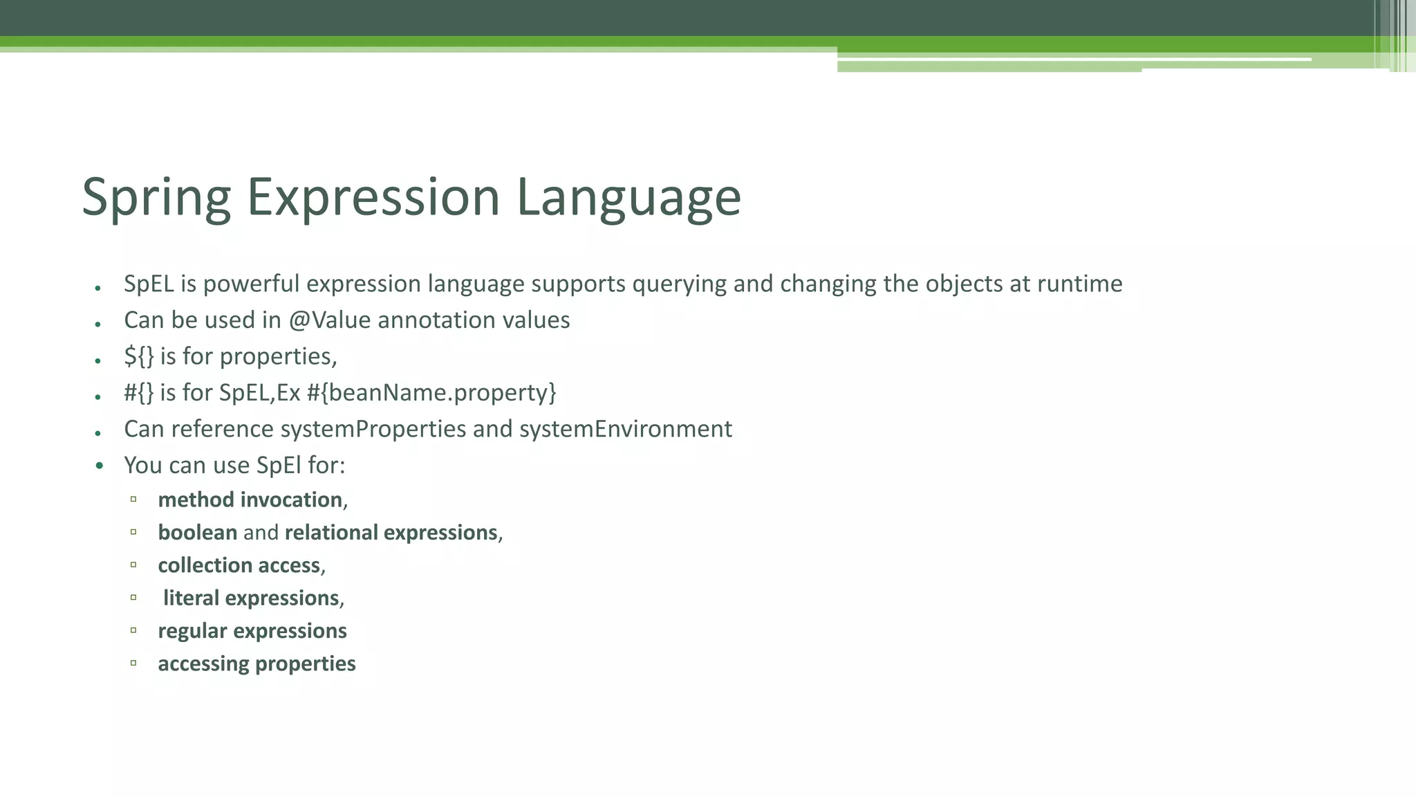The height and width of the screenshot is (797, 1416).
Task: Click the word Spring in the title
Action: point(156,197)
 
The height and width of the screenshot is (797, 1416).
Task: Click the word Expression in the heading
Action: point(373,197)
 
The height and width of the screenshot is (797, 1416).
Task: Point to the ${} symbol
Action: point(138,356)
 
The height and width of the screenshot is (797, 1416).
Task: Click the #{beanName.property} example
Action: point(431,393)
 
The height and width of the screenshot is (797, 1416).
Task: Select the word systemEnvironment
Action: point(625,429)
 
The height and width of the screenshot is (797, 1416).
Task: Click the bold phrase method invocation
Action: point(250,500)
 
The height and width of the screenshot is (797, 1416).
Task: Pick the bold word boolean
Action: point(198,533)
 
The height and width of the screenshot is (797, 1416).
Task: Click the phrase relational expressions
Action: point(391,533)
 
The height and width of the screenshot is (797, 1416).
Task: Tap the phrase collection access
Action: point(239,565)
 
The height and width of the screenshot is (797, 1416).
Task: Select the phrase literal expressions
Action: point(251,598)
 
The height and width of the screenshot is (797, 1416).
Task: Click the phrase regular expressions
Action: point(252,631)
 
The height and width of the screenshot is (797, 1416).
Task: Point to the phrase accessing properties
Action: point(257,663)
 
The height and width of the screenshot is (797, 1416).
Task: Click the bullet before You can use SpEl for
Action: point(100,466)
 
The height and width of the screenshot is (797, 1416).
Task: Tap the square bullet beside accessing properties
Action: point(133,663)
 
